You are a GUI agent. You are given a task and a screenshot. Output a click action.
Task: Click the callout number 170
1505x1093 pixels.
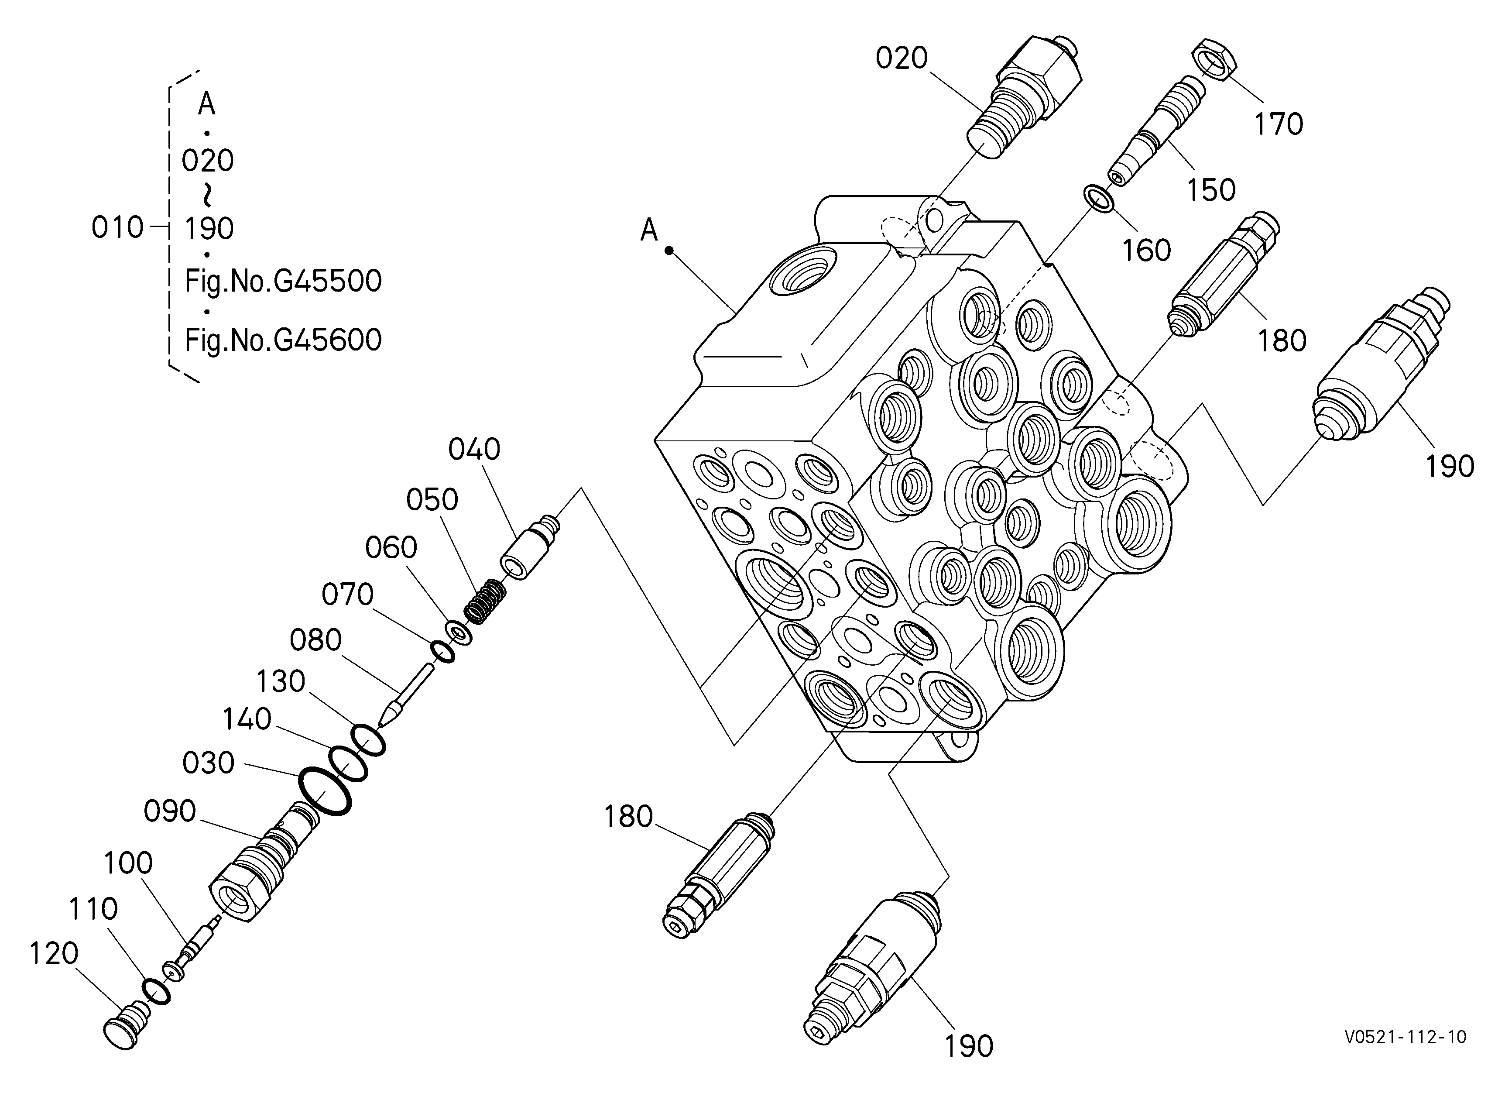click(1278, 124)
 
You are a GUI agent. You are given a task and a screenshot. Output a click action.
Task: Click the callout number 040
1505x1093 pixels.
click(474, 450)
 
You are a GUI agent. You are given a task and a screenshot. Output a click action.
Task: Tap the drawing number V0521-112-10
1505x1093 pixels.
click(1405, 1037)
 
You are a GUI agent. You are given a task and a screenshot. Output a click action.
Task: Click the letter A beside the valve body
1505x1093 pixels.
click(648, 230)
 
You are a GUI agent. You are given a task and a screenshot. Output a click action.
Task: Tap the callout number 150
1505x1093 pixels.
click(1211, 190)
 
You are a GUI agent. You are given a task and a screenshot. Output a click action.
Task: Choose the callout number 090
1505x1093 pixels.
click(170, 811)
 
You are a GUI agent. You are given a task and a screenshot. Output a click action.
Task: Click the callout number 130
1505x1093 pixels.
click(281, 681)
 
